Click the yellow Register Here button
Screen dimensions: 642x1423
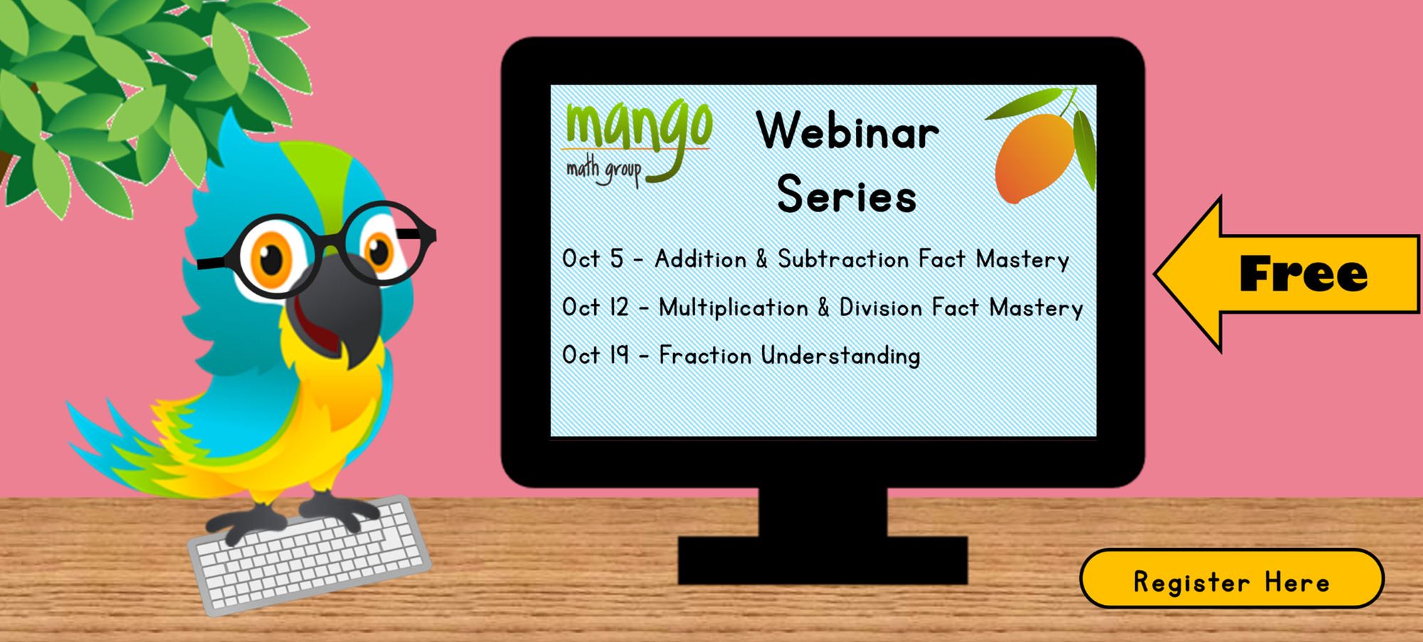1232,579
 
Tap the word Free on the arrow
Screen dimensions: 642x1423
1303,275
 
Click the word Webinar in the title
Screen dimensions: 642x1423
847,132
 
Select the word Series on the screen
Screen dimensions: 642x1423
847,195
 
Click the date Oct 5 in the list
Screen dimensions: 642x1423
592,259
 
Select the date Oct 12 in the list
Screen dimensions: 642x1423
596,307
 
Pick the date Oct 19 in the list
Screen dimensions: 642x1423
596,355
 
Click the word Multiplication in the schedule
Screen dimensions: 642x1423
733,308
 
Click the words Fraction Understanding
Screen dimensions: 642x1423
790,355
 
